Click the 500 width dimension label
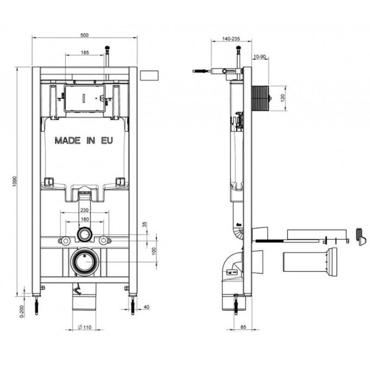(x=84, y=35)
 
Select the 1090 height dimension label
(x=15, y=181)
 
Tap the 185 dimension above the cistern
(x=85, y=52)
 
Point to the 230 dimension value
(x=84, y=210)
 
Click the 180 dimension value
(x=85, y=219)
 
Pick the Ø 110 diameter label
(x=85, y=327)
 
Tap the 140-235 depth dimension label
(x=231, y=39)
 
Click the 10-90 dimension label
(x=259, y=56)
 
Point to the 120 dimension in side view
(x=283, y=98)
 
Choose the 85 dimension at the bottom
(x=243, y=327)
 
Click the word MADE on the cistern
(x=68, y=141)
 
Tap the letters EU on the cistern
(x=107, y=141)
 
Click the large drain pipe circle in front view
(x=85, y=262)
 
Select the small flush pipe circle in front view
(x=84, y=234)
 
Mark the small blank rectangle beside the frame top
(x=149, y=75)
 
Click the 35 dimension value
(x=145, y=224)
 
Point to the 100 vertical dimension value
(x=154, y=251)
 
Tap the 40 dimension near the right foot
(x=146, y=307)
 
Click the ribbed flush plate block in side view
(x=260, y=98)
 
